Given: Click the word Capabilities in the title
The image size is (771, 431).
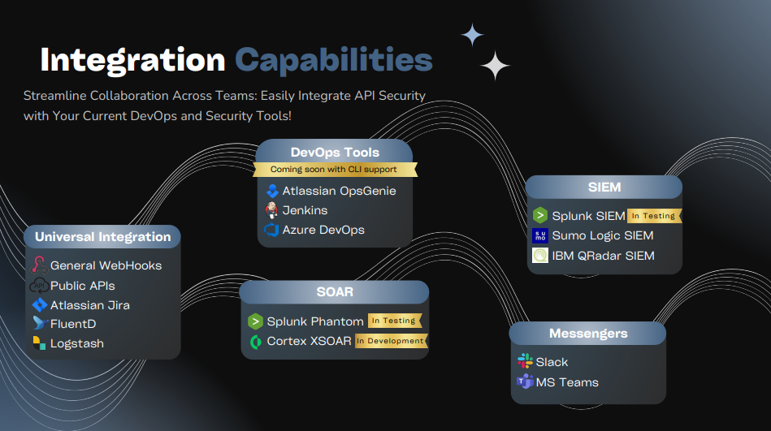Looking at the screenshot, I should pyautogui.click(x=333, y=60).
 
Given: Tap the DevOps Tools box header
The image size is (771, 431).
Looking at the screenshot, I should pyautogui.click(x=335, y=152).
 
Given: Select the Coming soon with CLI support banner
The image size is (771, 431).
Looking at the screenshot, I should pyautogui.click(x=334, y=170).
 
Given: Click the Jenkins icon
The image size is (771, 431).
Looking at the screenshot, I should pyautogui.click(x=272, y=210).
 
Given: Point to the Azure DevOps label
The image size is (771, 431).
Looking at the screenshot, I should pyautogui.click(x=323, y=230).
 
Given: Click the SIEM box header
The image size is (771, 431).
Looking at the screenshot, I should pyautogui.click(x=604, y=187).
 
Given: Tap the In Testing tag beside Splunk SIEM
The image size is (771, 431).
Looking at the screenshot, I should pyautogui.click(x=654, y=216).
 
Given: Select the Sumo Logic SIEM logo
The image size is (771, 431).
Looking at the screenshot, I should pyautogui.click(x=540, y=236).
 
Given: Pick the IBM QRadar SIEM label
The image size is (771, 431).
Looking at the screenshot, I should pyautogui.click(x=603, y=256).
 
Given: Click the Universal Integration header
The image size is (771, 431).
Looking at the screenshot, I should pyautogui.click(x=102, y=237).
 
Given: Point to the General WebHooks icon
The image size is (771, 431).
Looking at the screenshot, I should pyautogui.click(x=39, y=265).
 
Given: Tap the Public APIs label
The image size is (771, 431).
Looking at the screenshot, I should pyautogui.click(x=83, y=286).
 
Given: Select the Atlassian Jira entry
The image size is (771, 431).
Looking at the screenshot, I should pyautogui.click(x=89, y=305).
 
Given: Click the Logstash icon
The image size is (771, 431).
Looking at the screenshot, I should pyautogui.click(x=39, y=343).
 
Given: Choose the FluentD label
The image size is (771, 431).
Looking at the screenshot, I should pyautogui.click(x=73, y=324).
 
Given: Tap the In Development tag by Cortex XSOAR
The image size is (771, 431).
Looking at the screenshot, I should pyautogui.click(x=391, y=341).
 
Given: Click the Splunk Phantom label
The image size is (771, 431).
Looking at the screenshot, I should pyautogui.click(x=315, y=321).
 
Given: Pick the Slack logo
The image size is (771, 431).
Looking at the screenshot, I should pyautogui.click(x=525, y=361).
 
